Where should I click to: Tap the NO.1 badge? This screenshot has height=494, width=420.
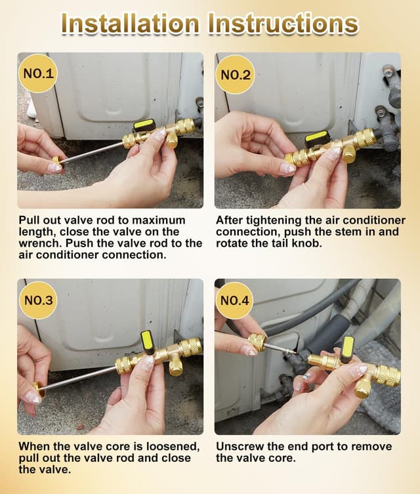coord(38,73)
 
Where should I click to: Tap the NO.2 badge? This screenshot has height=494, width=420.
coord(236,74)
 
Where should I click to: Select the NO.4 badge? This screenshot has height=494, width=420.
coord(234,300)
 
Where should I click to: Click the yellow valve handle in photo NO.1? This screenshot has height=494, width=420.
coord(144,125)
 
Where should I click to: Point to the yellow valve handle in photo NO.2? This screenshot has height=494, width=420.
coord(318,138)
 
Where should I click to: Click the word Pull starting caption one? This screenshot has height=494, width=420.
coord(29,220)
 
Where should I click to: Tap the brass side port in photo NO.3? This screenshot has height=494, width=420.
coord(175,365)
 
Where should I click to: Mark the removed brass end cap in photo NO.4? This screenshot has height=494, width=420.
coord(257,342)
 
